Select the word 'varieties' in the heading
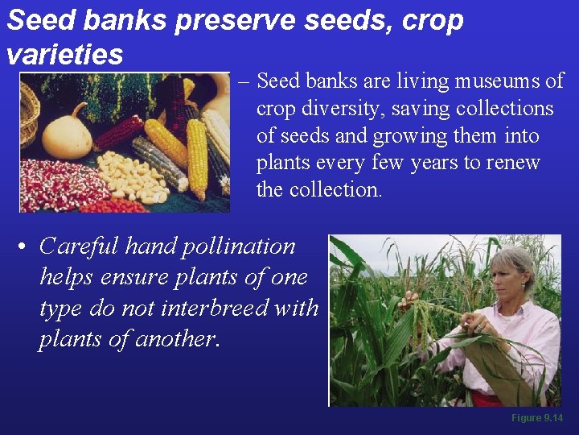click(x=64, y=55)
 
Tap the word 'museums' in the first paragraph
click(x=499, y=81)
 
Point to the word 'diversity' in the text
click(x=335, y=109)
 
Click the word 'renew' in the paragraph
click(x=515, y=164)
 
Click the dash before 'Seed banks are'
click(x=244, y=81)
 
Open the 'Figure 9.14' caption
click(x=536, y=418)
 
